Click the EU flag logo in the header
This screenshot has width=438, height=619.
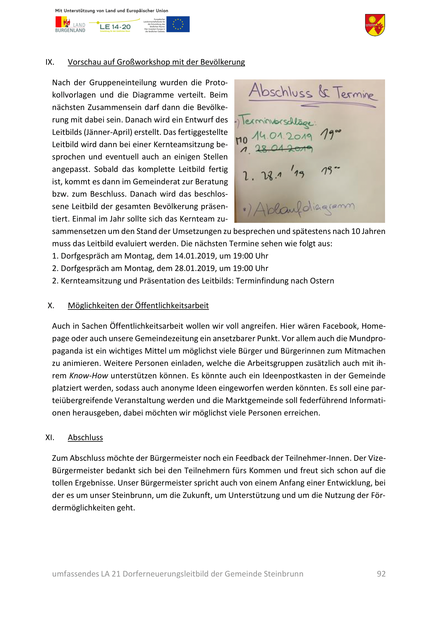click(178, 24)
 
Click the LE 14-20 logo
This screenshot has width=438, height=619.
click(115, 27)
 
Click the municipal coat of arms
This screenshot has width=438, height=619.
click(375, 25)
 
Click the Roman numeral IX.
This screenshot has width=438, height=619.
click(50, 62)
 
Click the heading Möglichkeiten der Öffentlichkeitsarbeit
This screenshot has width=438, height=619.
click(138, 306)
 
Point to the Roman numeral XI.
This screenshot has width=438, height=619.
click(50, 437)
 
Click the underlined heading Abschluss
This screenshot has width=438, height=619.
click(85, 437)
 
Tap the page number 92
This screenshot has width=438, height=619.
click(381, 574)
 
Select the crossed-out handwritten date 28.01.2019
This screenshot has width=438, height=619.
click(284, 148)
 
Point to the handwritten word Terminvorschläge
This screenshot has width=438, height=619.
click(278, 121)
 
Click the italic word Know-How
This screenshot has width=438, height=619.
click(88, 376)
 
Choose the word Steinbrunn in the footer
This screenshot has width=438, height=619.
click(283, 574)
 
